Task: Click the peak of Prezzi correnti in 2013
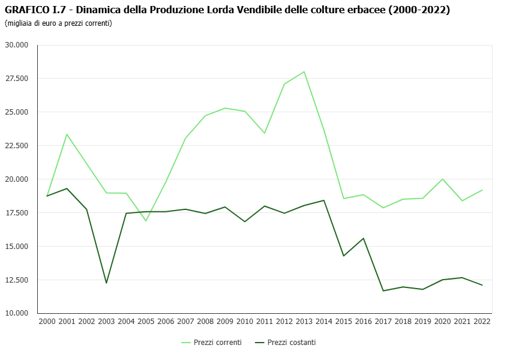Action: coord(304,72)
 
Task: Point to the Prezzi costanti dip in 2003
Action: coord(106,283)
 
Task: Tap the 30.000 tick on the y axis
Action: coord(17,45)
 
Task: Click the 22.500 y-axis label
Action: coord(17,146)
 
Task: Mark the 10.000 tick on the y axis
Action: coord(17,313)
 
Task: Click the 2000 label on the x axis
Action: coord(47,322)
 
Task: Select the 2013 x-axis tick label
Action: coord(304,322)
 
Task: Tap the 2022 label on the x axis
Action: coord(482,322)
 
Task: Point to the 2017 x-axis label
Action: coord(383,322)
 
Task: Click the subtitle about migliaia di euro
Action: coord(58,23)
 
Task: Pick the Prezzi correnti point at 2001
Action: coord(67,134)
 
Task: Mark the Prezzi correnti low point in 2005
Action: coord(146,221)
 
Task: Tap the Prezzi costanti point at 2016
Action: coord(364,238)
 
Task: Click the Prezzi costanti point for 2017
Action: coord(383,291)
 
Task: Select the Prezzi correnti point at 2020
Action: coord(443,179)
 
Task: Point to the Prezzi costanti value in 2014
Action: coord(324,200)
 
